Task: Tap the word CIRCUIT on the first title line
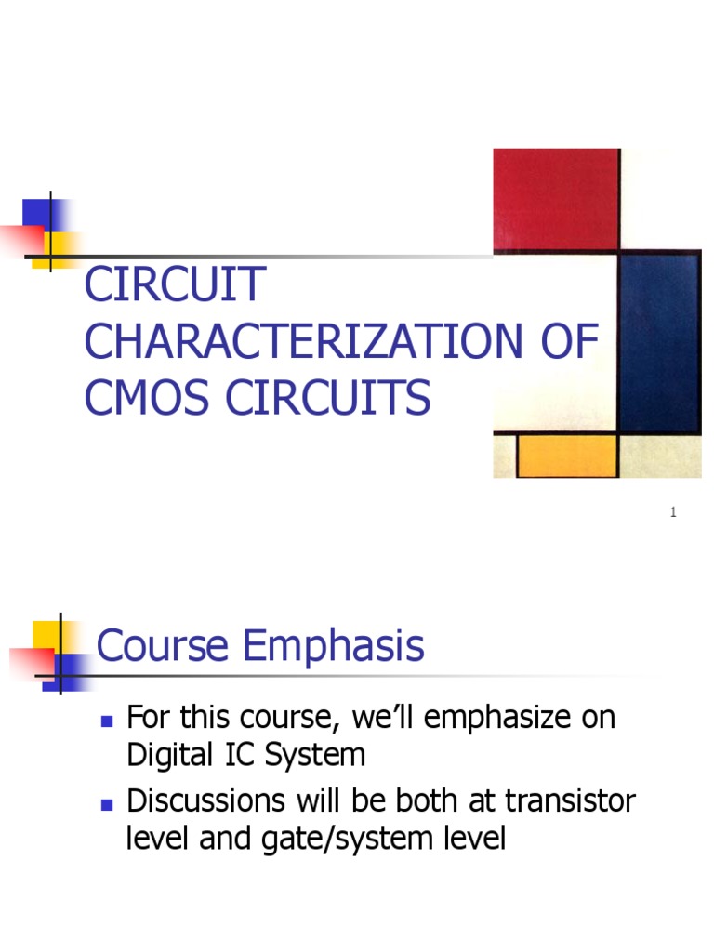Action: (175, 285)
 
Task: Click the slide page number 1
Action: (672, 512)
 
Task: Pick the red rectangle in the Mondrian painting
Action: (556, 198)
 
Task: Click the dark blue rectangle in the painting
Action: (658, 343)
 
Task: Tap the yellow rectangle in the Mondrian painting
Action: (567, 456)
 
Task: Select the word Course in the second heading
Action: (164, 646)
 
